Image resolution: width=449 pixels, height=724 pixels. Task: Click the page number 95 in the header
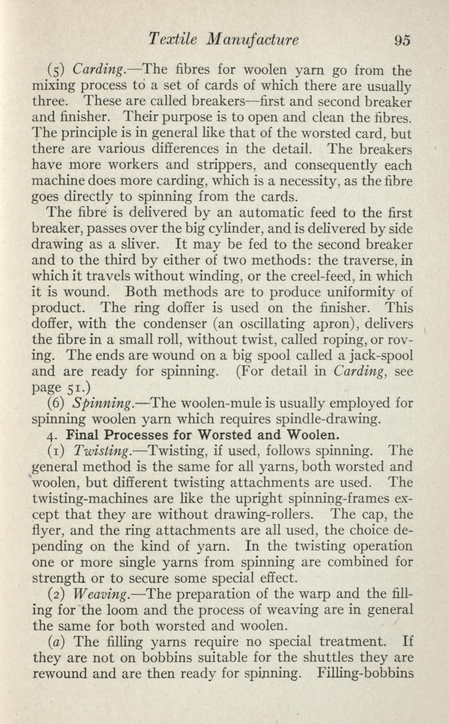[402, 40]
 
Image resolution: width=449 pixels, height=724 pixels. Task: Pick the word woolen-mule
[219, 404]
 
